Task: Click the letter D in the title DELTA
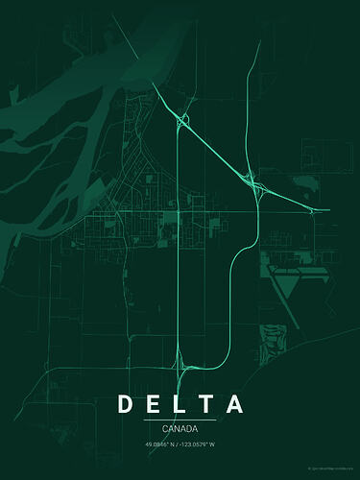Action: (126, 403)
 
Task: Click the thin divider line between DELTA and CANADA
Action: (180, 420)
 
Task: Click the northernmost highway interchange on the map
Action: (181, 120)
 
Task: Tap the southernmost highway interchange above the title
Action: (180, 363)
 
